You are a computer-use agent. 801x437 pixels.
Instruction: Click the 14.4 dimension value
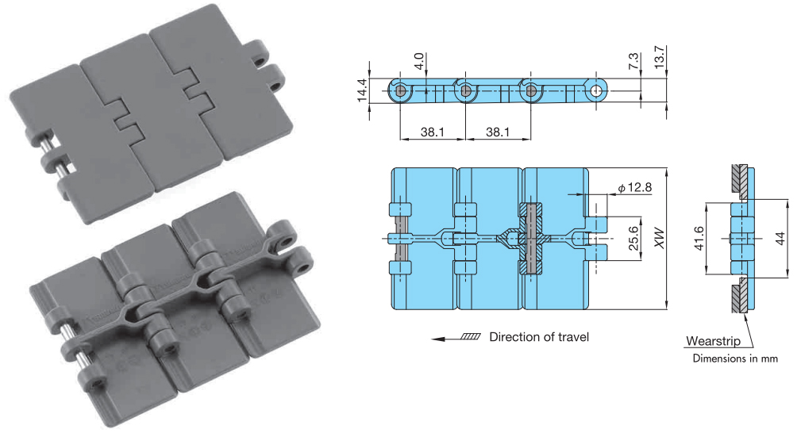pos(362,90)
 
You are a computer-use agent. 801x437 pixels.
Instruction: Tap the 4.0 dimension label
pos(419,61)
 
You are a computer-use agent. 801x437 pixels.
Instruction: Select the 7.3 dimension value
pos(633,61)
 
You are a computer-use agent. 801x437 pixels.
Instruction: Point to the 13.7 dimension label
pos(659,57)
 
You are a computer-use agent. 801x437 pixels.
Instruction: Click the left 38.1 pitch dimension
pos(432,132)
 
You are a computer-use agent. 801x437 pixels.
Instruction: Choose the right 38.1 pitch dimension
pos(498,132)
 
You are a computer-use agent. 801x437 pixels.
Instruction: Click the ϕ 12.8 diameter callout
pos(635,187)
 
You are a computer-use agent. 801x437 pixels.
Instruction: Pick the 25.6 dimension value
pos(633,239)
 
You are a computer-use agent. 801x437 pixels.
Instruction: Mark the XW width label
pos(660,239)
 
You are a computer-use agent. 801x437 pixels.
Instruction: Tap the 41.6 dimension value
pos(699,239)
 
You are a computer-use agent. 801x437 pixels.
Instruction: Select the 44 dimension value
pos(780,239)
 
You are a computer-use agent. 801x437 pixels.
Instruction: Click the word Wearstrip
pos(713,341)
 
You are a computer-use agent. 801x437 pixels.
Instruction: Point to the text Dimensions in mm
pos(735,358)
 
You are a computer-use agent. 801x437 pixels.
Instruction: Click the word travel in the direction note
pos(573,337)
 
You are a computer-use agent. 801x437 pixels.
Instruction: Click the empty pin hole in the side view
pos(596,91)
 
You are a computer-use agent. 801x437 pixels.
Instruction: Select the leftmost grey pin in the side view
pos(400,91)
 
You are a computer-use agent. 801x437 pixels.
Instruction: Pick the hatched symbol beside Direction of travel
pos(470,337)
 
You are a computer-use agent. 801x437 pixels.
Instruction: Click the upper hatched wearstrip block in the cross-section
pos(738,178)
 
